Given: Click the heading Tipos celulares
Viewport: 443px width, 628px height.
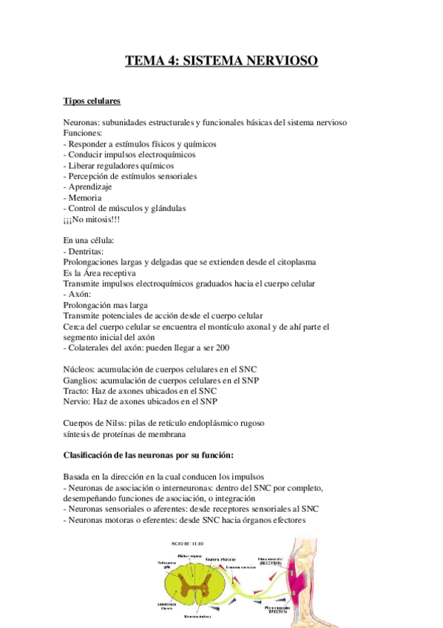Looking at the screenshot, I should (92, 101).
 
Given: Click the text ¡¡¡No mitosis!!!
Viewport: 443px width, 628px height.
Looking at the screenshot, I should (98, 220).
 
